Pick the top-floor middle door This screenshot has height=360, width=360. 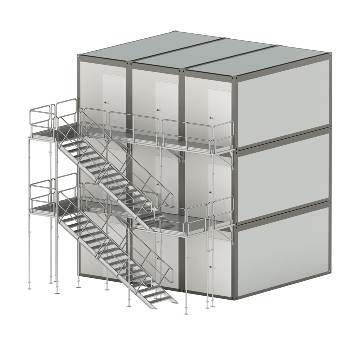[x=167, y=102]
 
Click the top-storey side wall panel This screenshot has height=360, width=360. [x=283, y=102]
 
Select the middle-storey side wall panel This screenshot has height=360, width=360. [x=283, y=176]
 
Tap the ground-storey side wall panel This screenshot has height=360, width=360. [x=283, y=250]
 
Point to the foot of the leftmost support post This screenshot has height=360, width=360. [x=29, y=288]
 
